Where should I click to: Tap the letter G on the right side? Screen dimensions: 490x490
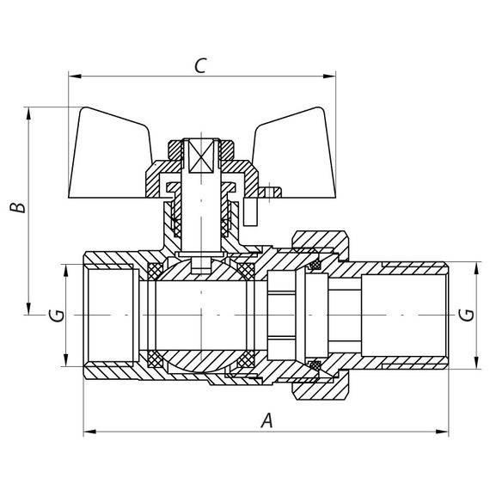467,315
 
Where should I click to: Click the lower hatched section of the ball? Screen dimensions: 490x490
201,359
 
